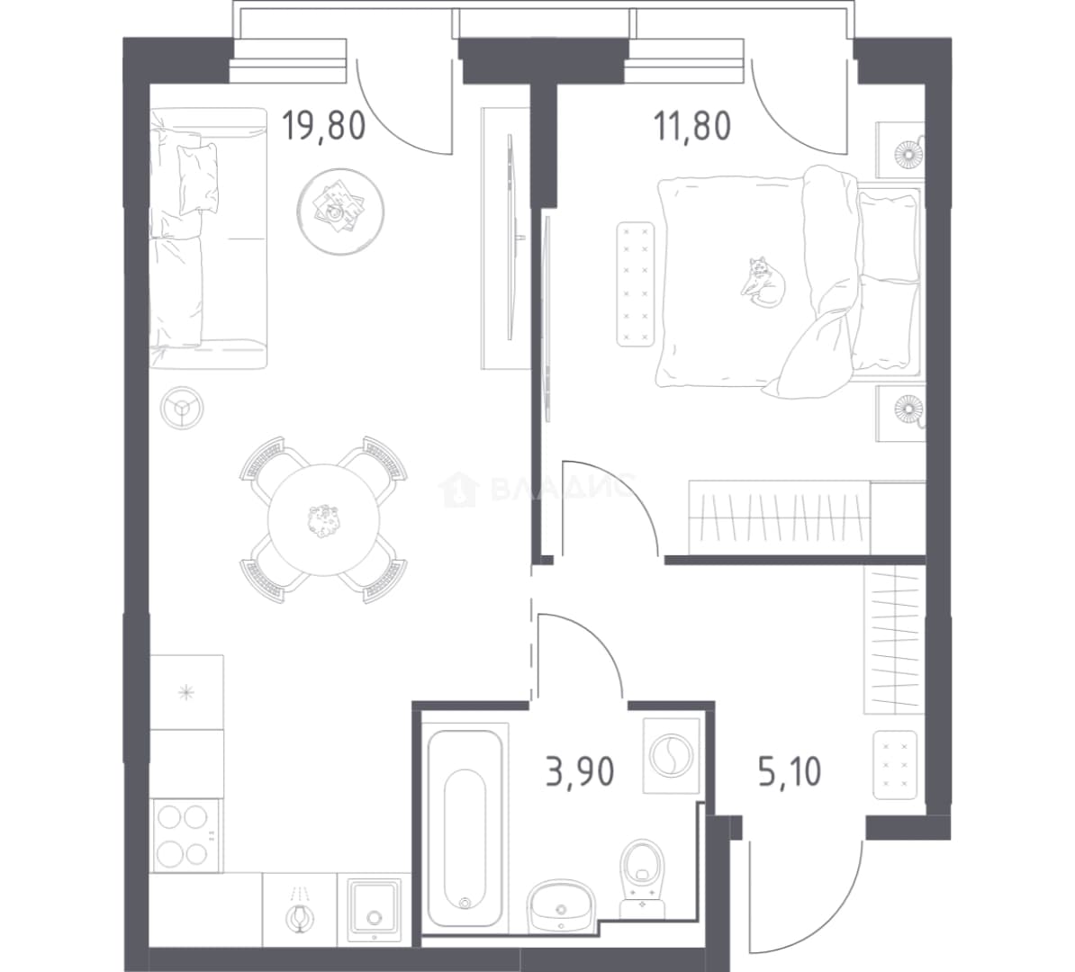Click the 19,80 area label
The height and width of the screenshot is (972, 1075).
click(323, 125)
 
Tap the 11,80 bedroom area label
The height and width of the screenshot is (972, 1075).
click(693, 126)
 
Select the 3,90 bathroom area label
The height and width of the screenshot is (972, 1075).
click(580, 771)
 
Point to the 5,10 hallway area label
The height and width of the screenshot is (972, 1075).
click(790, 772)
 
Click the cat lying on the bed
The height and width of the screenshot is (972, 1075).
click(763, 281)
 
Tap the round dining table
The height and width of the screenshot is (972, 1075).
click(323, 519)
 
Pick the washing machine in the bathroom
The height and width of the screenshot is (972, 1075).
click(672, 756)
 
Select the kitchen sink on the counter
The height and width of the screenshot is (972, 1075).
click(374, 910)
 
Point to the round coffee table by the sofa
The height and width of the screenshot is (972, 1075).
click(340, 211)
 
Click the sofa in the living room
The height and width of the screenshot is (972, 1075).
click(208, 238)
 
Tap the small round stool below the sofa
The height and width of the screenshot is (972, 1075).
click(182, 409)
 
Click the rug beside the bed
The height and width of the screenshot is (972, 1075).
click(636, 283)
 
